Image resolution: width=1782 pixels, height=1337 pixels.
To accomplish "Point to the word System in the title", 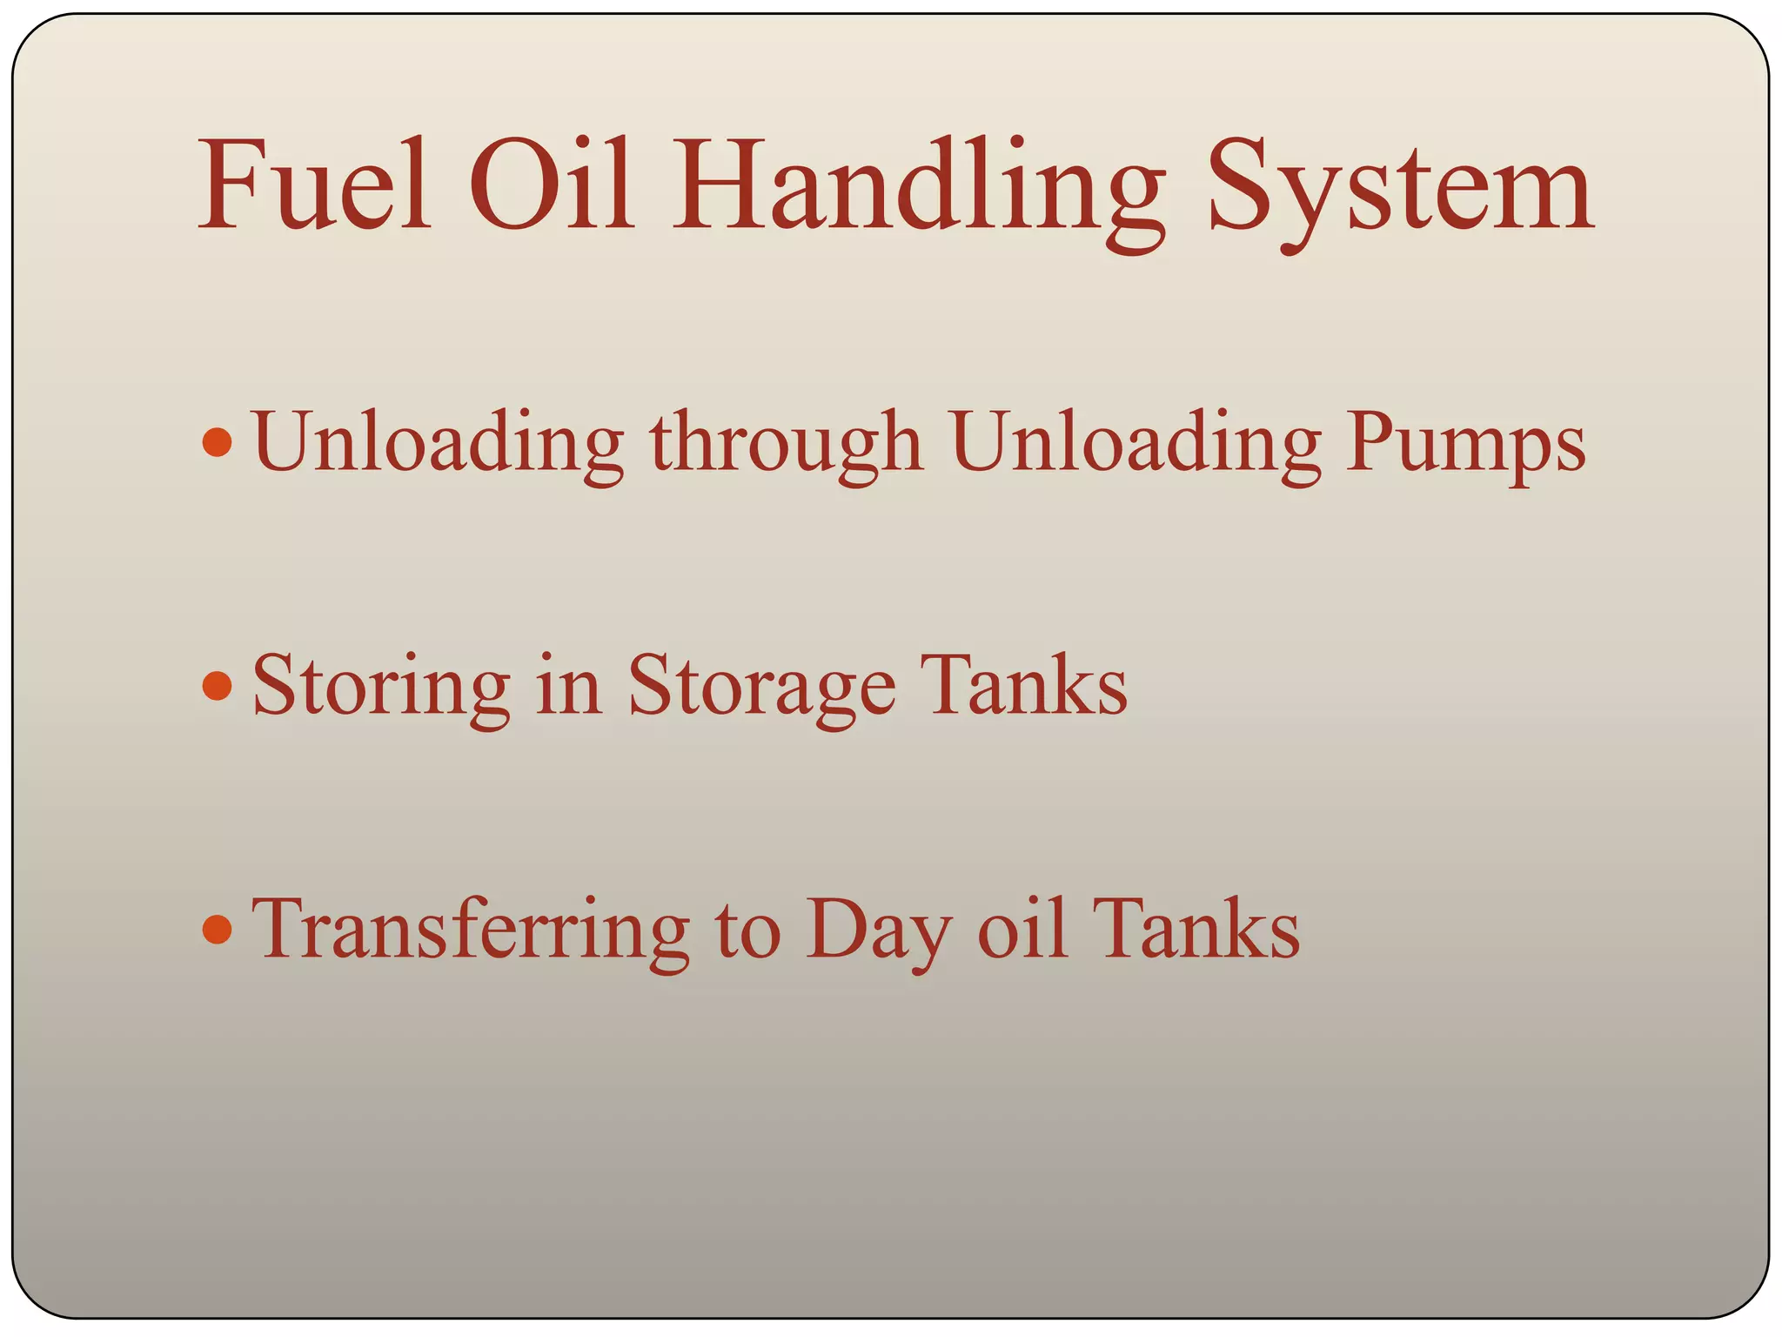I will pos(1400,191).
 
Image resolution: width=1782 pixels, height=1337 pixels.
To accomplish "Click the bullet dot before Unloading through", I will pos(217,442).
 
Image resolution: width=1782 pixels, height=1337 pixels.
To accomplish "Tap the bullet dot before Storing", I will pos(217,686).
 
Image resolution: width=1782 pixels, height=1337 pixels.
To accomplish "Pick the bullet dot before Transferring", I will pos(217,929).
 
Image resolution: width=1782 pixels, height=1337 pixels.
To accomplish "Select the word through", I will pos(786,444).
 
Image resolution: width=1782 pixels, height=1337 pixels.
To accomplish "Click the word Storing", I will pos(381,688).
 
